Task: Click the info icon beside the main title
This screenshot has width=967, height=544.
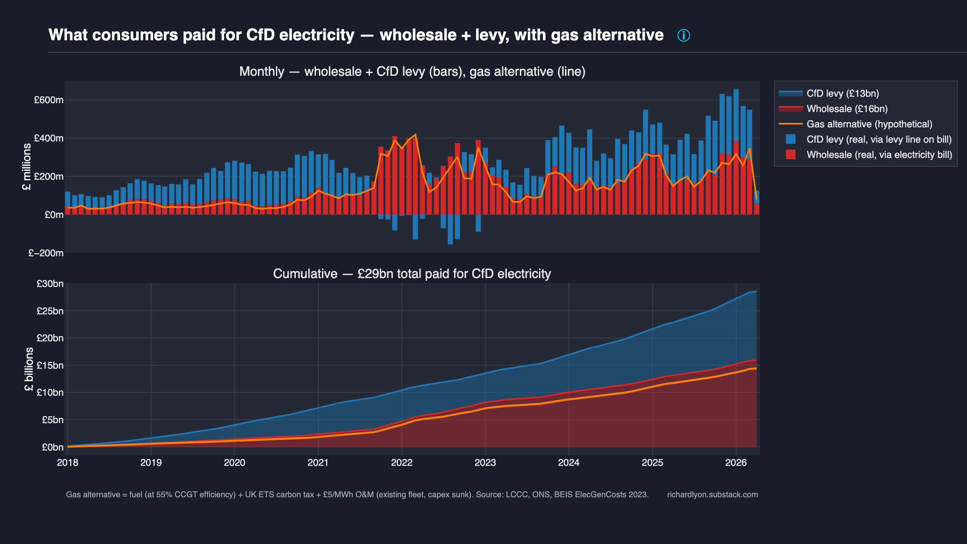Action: [683, 35]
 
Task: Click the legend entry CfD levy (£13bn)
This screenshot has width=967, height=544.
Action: [842, 93]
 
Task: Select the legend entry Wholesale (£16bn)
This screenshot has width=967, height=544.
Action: [847, 109]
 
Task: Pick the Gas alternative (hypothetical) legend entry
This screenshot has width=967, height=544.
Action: [869, 124]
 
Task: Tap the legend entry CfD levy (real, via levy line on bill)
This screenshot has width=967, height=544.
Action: [879, 139]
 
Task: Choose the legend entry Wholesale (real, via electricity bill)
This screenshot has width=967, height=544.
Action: [879, 155]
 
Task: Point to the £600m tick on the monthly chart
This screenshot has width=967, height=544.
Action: [48, 100]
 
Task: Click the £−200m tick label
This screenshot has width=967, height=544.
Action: [46, 253]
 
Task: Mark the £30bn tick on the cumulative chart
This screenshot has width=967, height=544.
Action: [50, 284]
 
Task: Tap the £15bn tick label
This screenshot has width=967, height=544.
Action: [50, 365]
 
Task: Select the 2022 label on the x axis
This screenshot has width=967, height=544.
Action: [402, 463]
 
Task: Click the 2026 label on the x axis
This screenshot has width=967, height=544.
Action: [736, 463]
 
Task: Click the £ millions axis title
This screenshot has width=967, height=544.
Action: [27, 166]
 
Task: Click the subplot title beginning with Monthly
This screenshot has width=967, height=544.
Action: [412, 72]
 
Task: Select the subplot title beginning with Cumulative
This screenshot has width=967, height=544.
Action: [412, 274]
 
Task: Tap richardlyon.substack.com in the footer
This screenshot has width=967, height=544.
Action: [712, 494]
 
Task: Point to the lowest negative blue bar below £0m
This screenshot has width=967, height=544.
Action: [450, 230]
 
